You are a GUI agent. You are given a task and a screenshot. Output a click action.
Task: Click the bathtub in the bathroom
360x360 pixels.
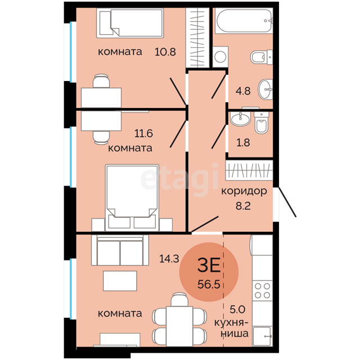244,21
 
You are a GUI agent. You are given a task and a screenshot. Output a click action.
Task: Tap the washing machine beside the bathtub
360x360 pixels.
220,57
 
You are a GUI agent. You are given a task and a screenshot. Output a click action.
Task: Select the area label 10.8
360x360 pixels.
165,52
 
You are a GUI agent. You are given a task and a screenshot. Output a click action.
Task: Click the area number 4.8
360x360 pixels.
243,91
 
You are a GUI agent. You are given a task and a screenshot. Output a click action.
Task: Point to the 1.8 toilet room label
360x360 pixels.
243,142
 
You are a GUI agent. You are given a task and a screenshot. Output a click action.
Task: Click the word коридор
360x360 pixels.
244,192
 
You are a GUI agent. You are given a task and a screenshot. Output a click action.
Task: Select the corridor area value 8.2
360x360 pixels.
243,206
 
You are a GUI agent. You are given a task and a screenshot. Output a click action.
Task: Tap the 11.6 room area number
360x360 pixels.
143,133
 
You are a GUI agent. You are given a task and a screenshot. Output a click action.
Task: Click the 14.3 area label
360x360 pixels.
169,259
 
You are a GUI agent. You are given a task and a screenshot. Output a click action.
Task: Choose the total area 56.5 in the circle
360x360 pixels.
209,285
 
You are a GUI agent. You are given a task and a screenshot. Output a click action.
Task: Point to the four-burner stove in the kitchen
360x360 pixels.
263,291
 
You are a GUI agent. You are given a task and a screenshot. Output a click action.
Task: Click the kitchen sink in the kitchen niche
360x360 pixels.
263,336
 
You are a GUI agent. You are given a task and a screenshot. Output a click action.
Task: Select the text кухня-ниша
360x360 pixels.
231,328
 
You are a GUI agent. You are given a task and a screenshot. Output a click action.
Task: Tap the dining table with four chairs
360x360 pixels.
179,322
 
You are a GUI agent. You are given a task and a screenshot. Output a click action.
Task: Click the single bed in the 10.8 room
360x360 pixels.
130,23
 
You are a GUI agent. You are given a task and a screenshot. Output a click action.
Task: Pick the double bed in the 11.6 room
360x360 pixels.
132,197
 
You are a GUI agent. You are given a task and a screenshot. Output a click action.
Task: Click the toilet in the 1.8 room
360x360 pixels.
262,123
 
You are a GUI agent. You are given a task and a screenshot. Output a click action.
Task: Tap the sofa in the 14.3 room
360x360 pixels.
120,250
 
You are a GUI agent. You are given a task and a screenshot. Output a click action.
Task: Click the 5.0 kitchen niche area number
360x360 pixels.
237,310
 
